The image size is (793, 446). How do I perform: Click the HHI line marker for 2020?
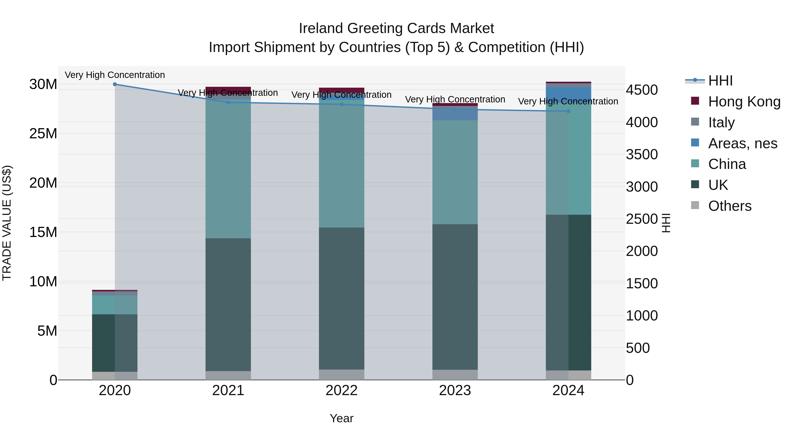[x=115, y=84]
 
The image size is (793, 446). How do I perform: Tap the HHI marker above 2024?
[x=568, y=111]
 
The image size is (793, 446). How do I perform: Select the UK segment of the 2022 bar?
[x=341, y=299]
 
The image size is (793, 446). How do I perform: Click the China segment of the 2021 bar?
[x=228, y=169]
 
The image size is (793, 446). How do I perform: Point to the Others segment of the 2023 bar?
[x=455, y=375]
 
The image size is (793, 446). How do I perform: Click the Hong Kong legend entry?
[x=744, y=102]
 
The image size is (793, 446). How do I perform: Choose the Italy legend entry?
[x=721, y=122]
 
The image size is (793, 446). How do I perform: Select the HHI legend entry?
[x=720, y=81]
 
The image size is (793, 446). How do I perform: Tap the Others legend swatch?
[x=695, y=205]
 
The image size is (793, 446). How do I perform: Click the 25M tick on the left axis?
[x=43, y=134]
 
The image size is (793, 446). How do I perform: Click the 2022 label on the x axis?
[x=341, y=390]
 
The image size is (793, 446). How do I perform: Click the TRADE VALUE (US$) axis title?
[x=7, y=223]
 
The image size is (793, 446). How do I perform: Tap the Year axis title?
[x=341, y=418]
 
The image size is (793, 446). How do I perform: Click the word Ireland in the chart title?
[x=321, y=28]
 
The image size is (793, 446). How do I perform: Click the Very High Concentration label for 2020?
[x=115, y=75]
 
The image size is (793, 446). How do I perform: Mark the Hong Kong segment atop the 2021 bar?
[x=228, y=90]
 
